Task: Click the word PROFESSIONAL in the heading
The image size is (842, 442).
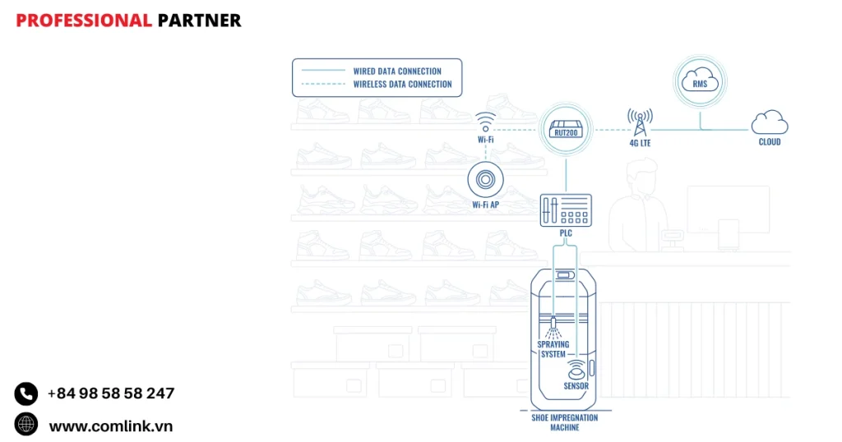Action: point(84,21)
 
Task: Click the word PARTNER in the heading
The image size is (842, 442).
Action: point(200,21)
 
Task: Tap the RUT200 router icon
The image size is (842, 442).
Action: point(566,129)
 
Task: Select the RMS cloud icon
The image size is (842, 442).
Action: point(701,82)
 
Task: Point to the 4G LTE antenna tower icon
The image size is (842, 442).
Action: point(638,123)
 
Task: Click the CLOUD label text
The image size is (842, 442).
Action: point(770,142)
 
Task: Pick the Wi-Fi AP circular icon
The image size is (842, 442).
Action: point(485,179)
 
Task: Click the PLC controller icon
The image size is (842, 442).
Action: point(565,211)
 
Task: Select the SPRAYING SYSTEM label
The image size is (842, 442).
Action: point(553,349)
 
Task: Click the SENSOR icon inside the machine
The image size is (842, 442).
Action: point(576,367)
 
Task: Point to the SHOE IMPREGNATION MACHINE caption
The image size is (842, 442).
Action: point(565,422)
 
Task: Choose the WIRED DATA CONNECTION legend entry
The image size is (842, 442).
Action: point(397,71)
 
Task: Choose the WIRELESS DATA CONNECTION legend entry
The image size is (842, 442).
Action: point(402,84)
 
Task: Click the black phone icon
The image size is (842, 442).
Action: point(26,394)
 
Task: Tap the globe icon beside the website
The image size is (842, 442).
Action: point(26,424)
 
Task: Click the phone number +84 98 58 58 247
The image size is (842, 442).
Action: point(111,394)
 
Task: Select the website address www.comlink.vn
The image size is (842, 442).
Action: point(111,426)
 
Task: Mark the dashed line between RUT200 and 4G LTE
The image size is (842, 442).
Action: point(607,129)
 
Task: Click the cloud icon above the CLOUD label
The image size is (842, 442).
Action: point(770,122)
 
